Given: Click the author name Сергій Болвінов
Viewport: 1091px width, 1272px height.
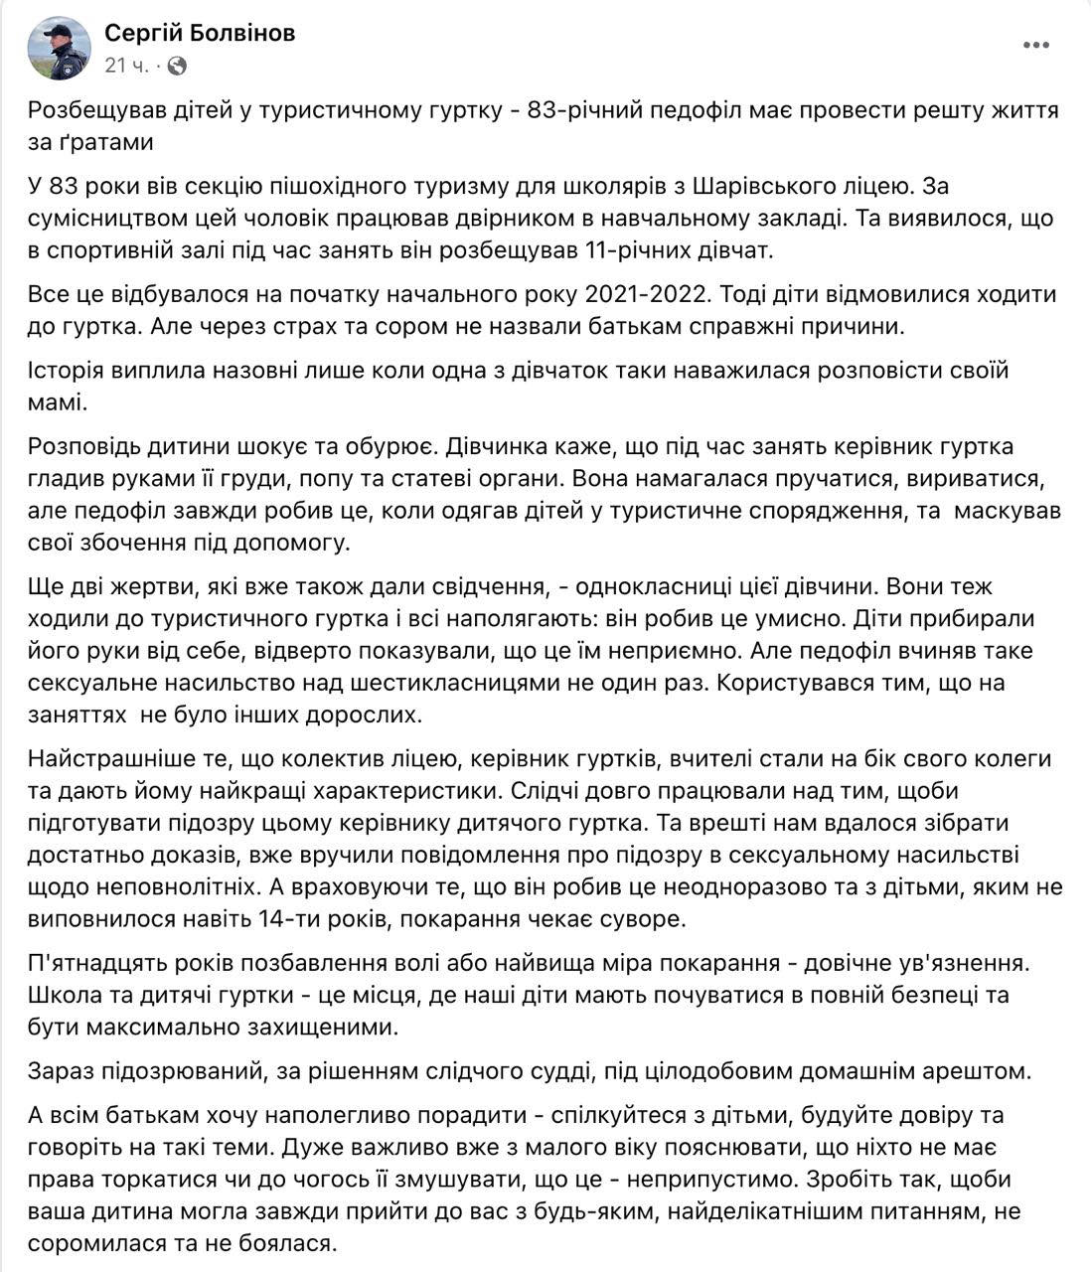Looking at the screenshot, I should click(200, 33).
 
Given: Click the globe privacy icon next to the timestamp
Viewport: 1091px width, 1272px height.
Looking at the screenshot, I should click(177, 66).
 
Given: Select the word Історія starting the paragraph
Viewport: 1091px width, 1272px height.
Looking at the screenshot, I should click(71, 371).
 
